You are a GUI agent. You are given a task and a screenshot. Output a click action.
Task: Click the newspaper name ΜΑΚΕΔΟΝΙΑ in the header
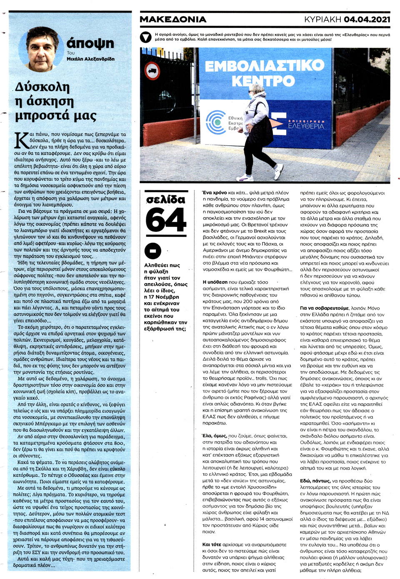[173, 19]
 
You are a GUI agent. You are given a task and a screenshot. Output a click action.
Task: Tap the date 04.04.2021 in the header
[367, 19]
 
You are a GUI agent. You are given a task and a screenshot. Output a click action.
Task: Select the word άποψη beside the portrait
[90, 43]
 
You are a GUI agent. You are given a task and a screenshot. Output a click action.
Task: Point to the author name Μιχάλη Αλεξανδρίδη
[90, 59]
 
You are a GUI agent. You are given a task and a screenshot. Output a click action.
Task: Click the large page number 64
[166, 220]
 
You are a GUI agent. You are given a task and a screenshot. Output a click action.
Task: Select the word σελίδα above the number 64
[166, 199]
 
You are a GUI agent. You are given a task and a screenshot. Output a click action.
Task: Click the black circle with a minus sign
[152, 251]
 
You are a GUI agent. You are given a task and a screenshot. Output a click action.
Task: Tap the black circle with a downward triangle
[146, 37]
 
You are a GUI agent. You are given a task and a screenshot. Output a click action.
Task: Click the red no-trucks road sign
[152, 71]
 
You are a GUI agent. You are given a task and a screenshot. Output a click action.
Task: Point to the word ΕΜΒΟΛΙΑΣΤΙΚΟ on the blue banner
[264, 66]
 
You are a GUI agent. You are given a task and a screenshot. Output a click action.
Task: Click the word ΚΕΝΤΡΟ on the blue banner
[263, 80]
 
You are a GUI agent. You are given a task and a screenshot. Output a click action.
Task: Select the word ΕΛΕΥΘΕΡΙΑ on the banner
[306, 126]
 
